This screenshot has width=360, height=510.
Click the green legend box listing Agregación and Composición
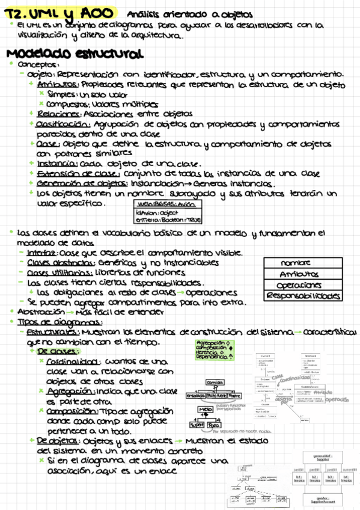point(215,349)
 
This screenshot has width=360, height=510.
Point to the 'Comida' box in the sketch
point(215,382)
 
